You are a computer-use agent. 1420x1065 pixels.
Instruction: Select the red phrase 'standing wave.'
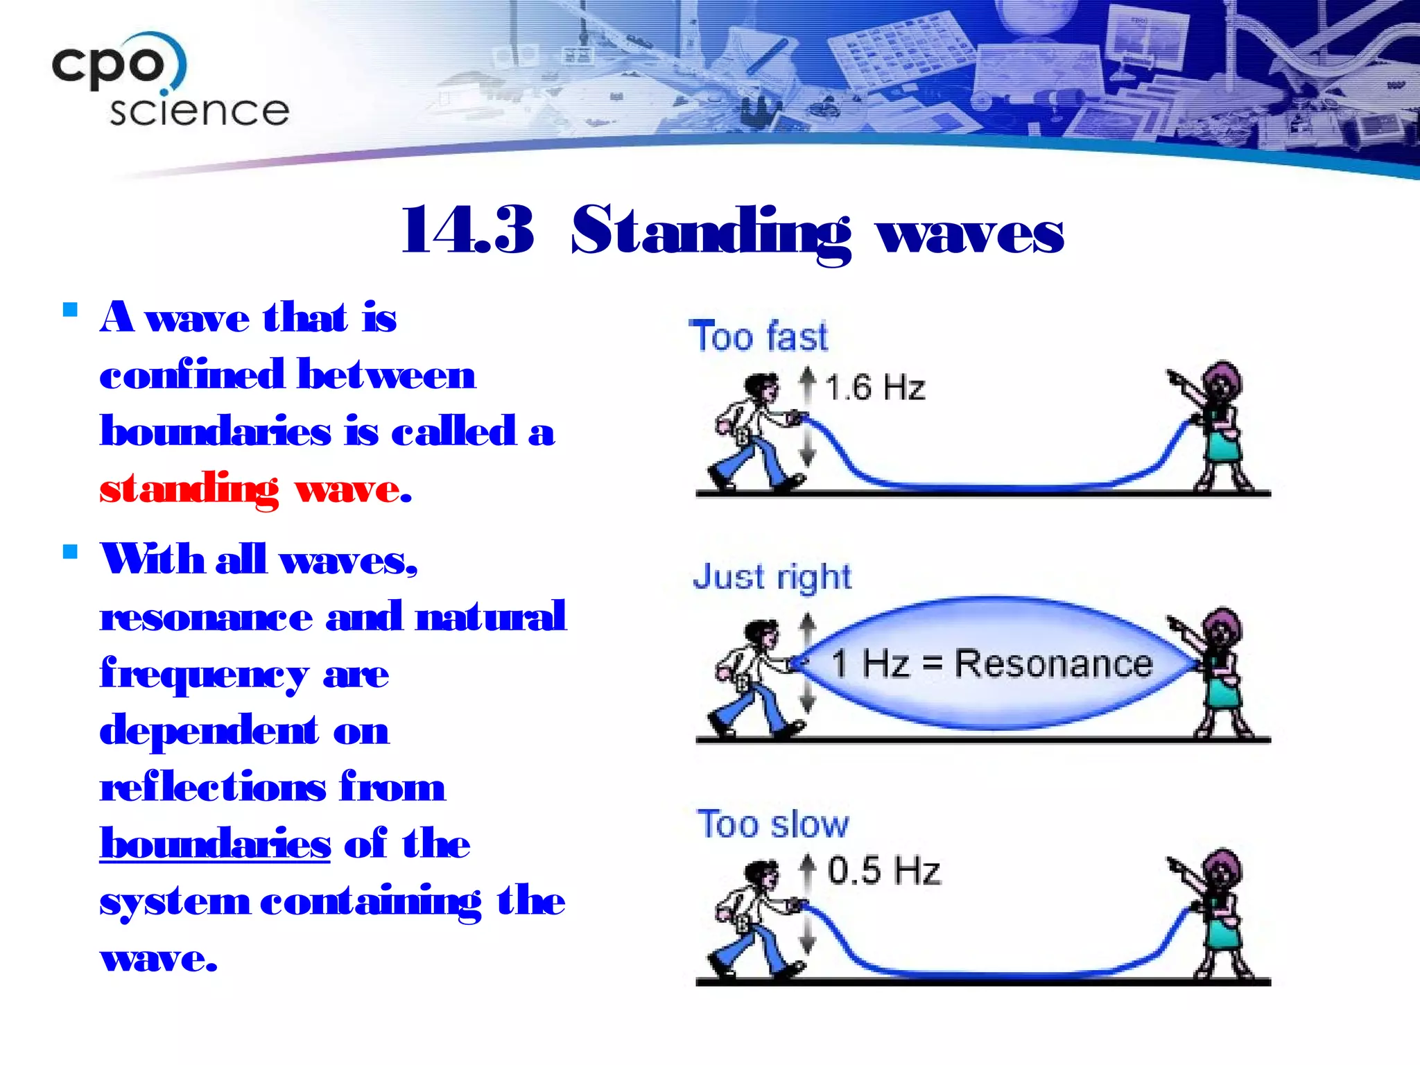pyautogui.click(x=255, y=489)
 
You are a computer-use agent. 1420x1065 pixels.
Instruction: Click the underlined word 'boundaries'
pyautogui.click(x=215, y=844)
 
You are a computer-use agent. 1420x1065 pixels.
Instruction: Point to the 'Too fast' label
pyautogui.click(x=758, y=337)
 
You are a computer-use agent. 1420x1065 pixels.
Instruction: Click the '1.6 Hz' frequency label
pyautogui.click(x=874, y=387)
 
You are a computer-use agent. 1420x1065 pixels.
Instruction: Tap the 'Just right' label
pyautogui.click(x=772, y=577)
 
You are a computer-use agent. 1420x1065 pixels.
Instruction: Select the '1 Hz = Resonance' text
pyautogui.click(x=992, y=663)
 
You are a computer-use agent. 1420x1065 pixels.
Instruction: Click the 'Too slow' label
pyautogui.click(x=772, y=824)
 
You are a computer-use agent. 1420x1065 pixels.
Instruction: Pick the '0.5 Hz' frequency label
pyautogui.click(x=883, y=871)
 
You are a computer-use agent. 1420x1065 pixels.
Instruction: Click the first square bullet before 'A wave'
pyautogui.click(x=70, y=309)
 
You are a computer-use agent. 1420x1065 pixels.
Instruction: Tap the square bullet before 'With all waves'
pyautogui.click(x=70, y=552)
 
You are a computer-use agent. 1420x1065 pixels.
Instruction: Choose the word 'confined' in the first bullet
pyautogui.click(x=192, y=375)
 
